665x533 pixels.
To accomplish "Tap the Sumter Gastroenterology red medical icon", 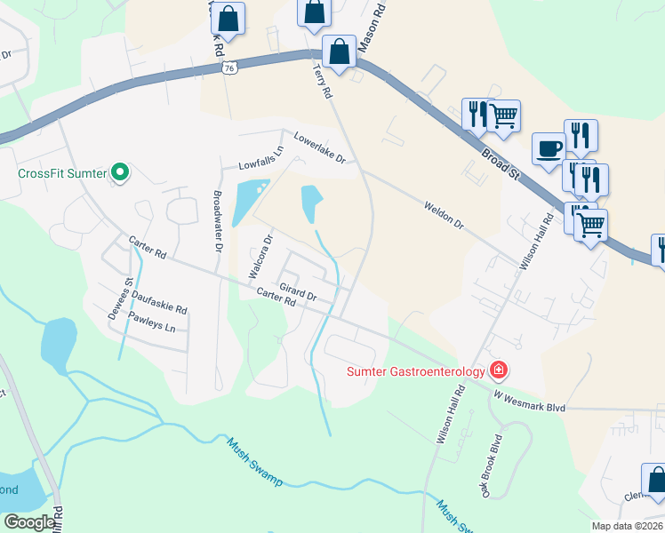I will tap(500, 370).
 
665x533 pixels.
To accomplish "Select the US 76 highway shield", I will tap(229, 68).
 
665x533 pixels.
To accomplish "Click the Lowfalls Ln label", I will tap(260, 160).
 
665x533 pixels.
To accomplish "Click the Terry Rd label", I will tap(322, 80).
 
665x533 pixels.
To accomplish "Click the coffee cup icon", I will tap(549, 147).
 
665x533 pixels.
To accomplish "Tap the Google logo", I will tap(29, 522).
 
